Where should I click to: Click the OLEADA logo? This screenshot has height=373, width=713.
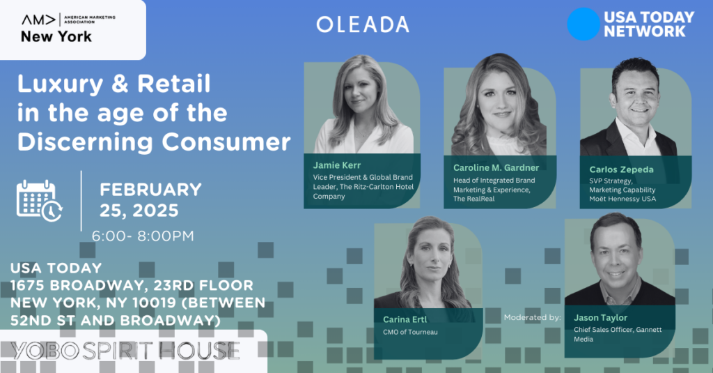pos(362,24)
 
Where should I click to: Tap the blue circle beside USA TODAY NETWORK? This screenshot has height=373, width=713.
pos(583,24)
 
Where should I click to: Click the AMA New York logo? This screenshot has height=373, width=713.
pos(68,29)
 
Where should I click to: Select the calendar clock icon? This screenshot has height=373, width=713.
pos(40,201)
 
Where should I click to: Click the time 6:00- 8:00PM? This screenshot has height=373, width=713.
pos(143,236)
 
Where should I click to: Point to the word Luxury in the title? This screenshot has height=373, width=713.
pos(61,85)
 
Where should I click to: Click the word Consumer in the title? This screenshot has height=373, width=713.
pos(226,142)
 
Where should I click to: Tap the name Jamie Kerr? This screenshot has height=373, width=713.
pos(337,165)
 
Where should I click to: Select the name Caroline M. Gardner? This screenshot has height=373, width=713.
pos(496,167)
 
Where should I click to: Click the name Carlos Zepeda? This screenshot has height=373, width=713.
pos(621,169)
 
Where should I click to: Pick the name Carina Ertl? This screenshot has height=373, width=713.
pos(405,319)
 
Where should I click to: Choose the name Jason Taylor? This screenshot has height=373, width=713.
pos(600,317)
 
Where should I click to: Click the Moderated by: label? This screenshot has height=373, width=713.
pos(533,317)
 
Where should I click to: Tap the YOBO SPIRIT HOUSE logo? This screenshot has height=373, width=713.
pos(125,351)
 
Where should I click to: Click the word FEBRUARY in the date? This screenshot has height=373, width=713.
pos(150,190)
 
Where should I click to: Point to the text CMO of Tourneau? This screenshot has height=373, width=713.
pos(410,332)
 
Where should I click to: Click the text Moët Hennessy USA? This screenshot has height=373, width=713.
pos(622,199)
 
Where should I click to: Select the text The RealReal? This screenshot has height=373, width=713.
pos(473,199)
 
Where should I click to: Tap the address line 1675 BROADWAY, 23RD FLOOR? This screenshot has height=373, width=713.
pos(132,286)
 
